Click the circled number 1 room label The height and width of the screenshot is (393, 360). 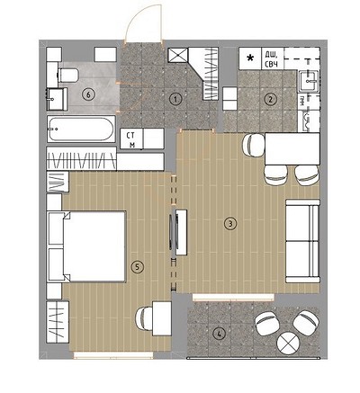pyautogui.click(x=175, y=99)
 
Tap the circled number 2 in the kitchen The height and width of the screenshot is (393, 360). pyautogui.click(x=270, y=99)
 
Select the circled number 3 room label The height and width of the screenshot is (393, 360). pyautogui.click(x=230, y=223)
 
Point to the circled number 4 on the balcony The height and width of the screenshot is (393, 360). pyautogui.click(x=220, y=333)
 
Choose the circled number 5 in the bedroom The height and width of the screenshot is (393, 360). pyautogui.click(x=138, y=266)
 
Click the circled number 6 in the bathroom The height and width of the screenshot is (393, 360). pyautogui.click(x=88, y=94)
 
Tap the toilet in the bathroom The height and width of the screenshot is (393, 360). pyautogui.click(x=67, y=75)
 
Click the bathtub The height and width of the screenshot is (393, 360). pyautogui.click(x=81, y=130)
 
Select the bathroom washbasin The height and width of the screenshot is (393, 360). pyautogui.click(x=57, y=99)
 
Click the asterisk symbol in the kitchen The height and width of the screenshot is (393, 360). pyautogui.click(x=249, y=58)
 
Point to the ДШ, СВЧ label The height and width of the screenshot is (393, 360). pyautogui.click(x=271, y=58)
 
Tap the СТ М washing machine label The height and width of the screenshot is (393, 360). pyautogui.click(x=130, y=139)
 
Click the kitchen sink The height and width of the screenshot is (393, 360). pyautogui.click(x=309, y=80)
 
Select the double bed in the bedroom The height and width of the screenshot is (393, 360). pyautogui.click(x=86, y=246)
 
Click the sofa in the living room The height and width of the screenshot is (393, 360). pyautogui.click(x=302, y=241)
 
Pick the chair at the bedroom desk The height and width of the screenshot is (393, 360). pyautogui.click(x=145, y=319)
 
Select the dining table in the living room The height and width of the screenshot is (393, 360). pyautogui.click(x=292, y=149)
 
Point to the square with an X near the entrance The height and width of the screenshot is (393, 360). pyautogui.click(x=177, y=56)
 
